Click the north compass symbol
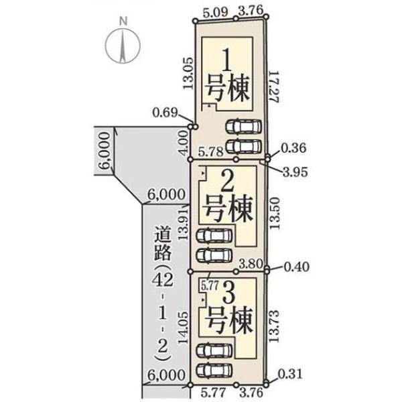tap(123, 45)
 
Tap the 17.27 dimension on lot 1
tap(273, 86)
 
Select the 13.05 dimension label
tap(188, 73)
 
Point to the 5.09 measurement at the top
tap(215, 13)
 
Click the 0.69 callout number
tap(165, 113)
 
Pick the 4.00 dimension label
tap(184, 143)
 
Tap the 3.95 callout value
tap(295, 172)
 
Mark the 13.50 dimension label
tap(274, 213)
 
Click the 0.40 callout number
tap(297, 267)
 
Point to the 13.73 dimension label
tap(274, 326)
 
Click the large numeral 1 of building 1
tap(227, 60)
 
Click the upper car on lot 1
tap(244, 126)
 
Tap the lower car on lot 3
tap(214, 371)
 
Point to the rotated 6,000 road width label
tap(104, 151)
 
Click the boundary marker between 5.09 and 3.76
tap(236, 19)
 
